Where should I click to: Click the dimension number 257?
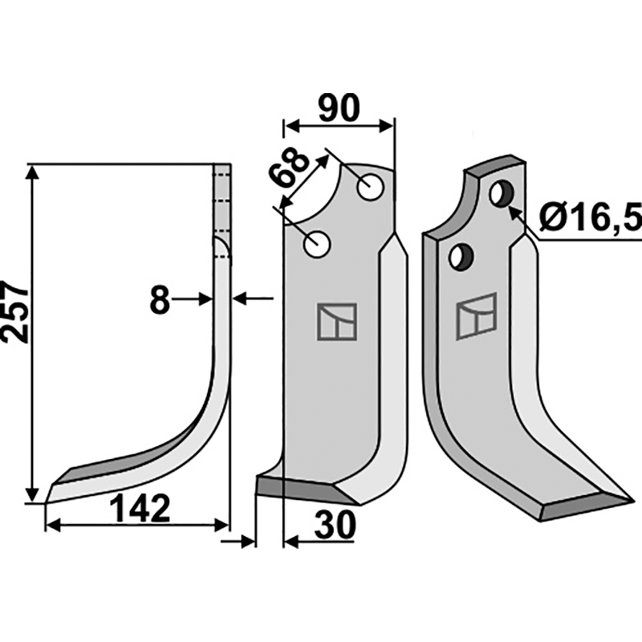(14, 311)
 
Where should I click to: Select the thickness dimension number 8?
(160, 299)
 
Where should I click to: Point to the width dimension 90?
(339, 108)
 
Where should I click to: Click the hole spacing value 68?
(289, 167)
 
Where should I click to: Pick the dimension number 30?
(334, 526)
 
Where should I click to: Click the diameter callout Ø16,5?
(591, 217)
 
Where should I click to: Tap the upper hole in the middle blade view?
(370, 187)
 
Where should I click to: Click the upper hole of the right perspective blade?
(502, 194)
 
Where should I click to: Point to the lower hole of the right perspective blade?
(461, 256)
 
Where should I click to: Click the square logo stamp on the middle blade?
(336, 322)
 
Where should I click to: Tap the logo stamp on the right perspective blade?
(477, 315)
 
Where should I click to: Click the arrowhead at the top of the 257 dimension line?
(32, 172)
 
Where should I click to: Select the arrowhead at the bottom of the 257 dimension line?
(32, 495)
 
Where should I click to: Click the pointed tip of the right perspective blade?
(634, 500)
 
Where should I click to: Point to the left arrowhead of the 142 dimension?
(53, 526)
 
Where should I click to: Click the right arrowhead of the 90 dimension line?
(386, 126)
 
